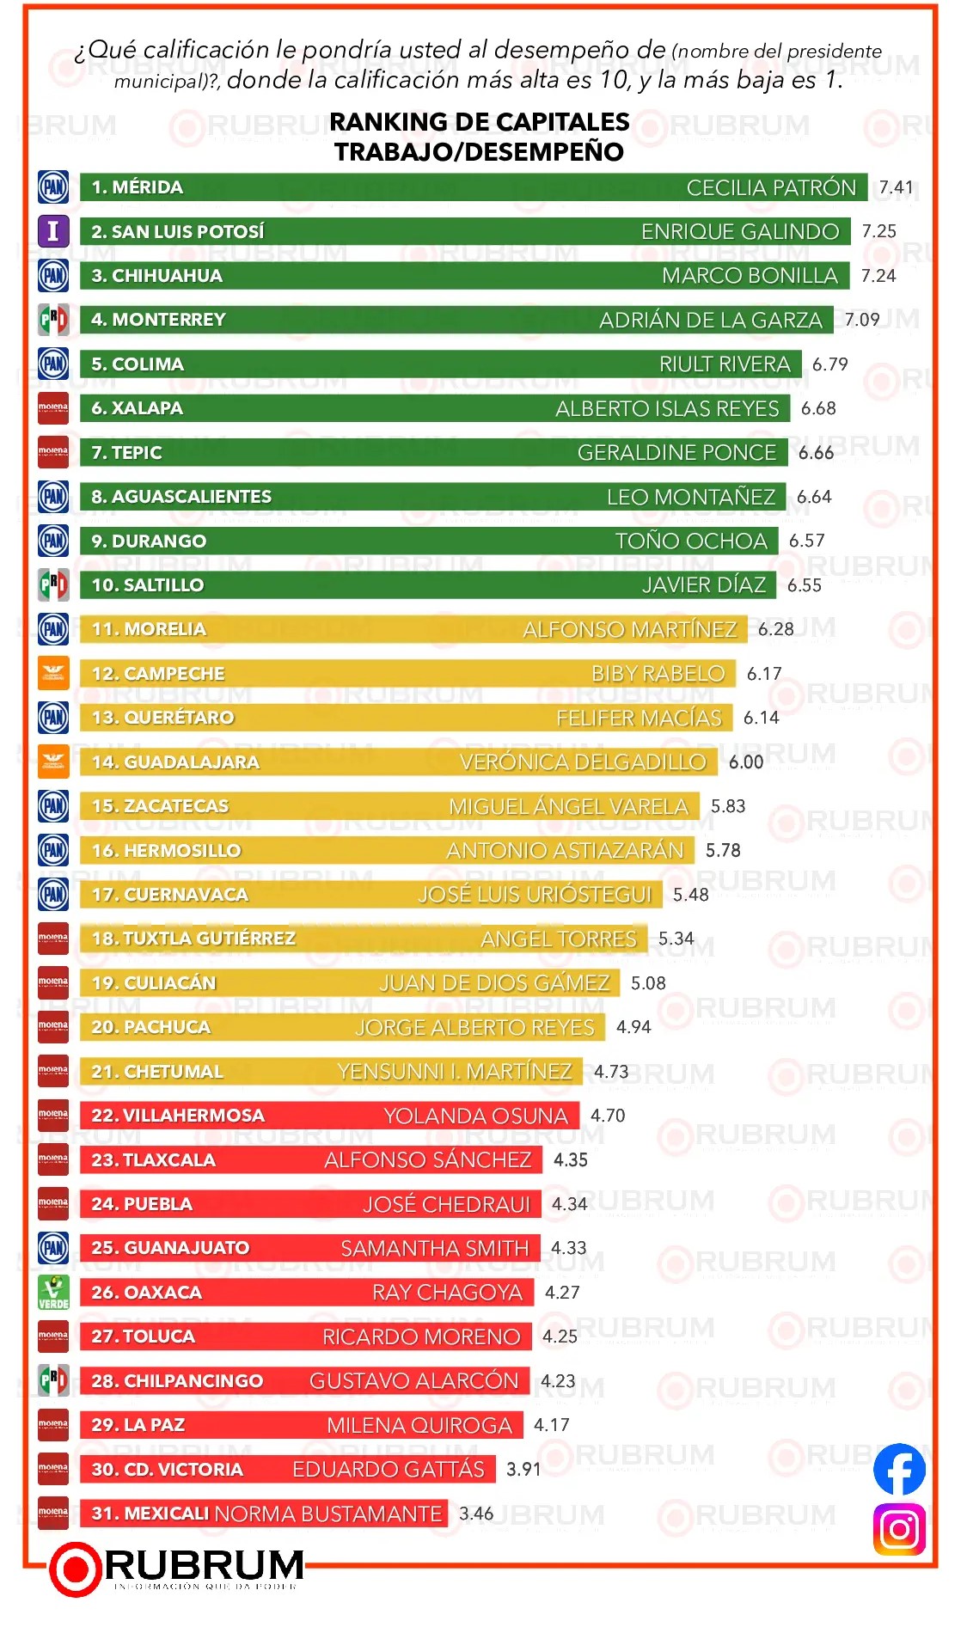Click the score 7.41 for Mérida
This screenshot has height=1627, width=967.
[x=896, y=187]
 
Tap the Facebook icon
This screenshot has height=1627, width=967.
[x=899, y=1469]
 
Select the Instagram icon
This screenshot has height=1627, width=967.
[x=899, y=1529]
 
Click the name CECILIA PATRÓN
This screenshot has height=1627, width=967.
[x=771, y=187]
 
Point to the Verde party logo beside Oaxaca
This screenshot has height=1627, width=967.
[x=53, y=1292]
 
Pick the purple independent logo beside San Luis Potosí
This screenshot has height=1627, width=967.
[x=53, y=231]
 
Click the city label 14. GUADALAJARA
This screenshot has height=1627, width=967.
[x=175, y=762]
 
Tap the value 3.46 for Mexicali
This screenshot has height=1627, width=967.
[x=476, y=1513]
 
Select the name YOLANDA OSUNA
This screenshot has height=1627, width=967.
[x=475, y=1116]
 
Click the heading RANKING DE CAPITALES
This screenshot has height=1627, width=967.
[x=480, y=122]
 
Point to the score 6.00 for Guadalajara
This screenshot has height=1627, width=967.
[x=746, y=762]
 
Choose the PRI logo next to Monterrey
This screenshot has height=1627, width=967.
[x=53, y=320]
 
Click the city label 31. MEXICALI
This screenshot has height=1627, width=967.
[x=150, y=1513]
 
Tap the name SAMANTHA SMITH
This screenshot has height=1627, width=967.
[x=434, y=1248]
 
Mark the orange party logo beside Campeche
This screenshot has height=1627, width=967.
[x=53, y=673]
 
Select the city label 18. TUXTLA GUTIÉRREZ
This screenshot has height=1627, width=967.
[x=193, y=939]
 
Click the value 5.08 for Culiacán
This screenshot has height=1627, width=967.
[x=648, y=982]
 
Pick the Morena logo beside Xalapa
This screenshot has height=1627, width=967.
[x=53, y=408]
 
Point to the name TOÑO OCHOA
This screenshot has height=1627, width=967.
[x=691, y=541]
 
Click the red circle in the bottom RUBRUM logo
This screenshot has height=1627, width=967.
[x=76, y=1569]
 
